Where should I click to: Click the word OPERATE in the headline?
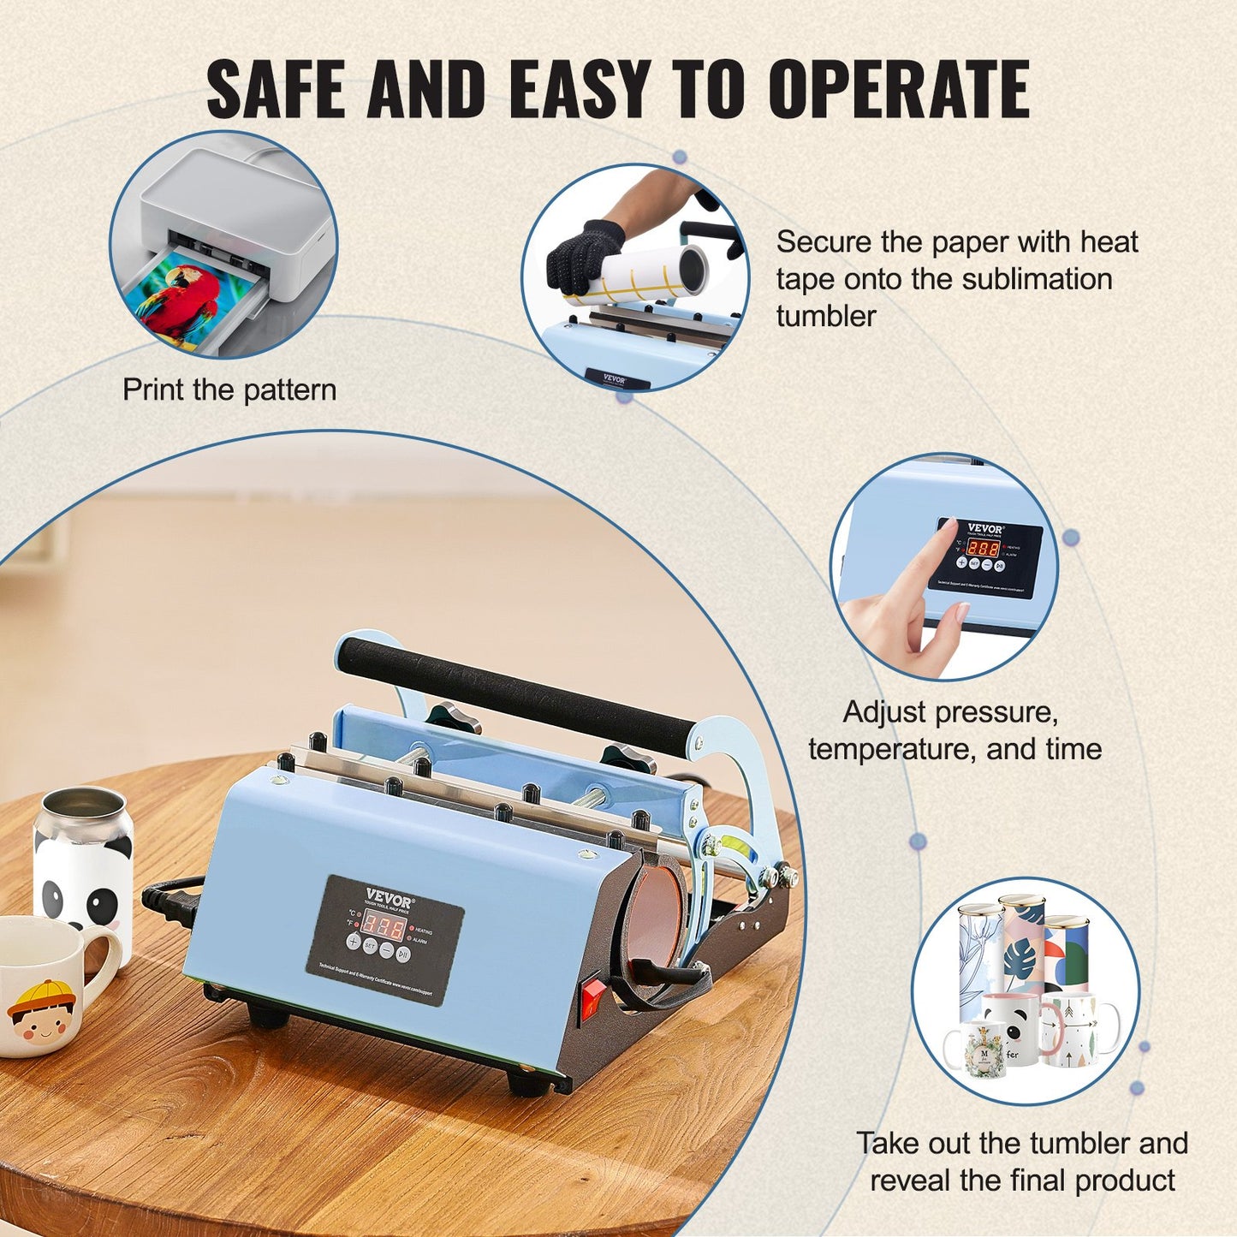pos(898,89)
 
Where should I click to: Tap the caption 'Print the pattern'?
pos(229,390)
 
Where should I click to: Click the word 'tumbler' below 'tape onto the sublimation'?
pos(826,316)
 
